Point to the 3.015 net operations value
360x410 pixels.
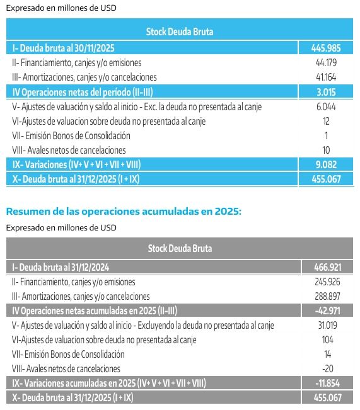click(326, 92)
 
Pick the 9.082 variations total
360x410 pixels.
click(326, 164)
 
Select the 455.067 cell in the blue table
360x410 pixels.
click(325, 179)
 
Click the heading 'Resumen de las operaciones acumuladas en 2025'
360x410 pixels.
click(123, 212)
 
